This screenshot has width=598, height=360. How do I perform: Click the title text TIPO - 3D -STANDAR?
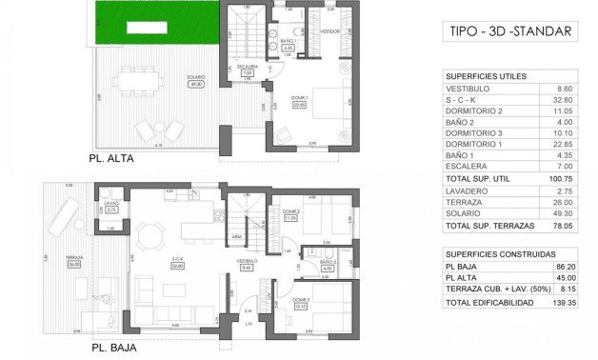510,31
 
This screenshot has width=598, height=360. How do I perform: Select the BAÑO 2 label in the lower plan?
327,264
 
